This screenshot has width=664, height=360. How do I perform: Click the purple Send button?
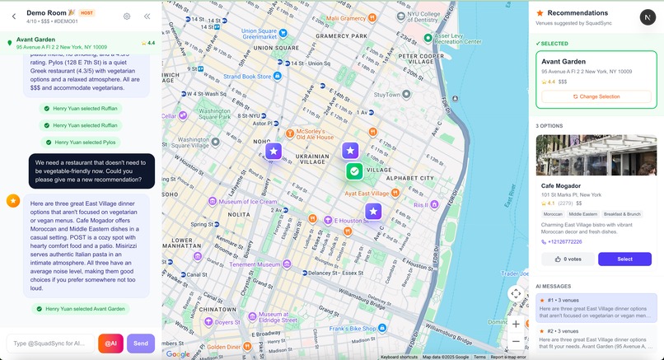pos(141,343)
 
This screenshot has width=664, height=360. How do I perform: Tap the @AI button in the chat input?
pos(110,343)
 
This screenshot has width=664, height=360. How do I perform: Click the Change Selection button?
pos(596,96)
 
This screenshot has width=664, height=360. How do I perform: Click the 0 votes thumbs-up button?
pos(566,259)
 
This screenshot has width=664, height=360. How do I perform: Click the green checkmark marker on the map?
pos(354,171)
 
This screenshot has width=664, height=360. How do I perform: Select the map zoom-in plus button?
pos(516,324)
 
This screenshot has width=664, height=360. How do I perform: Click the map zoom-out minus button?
pos(516,342)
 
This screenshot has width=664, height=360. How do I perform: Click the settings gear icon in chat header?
pos(127,16)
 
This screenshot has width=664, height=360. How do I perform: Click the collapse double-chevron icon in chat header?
pos(147,16)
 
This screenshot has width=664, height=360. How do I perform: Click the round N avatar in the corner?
pos(648,17)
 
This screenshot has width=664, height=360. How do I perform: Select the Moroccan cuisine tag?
pos(553,213)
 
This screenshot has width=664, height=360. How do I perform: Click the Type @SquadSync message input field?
pos(49,343)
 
